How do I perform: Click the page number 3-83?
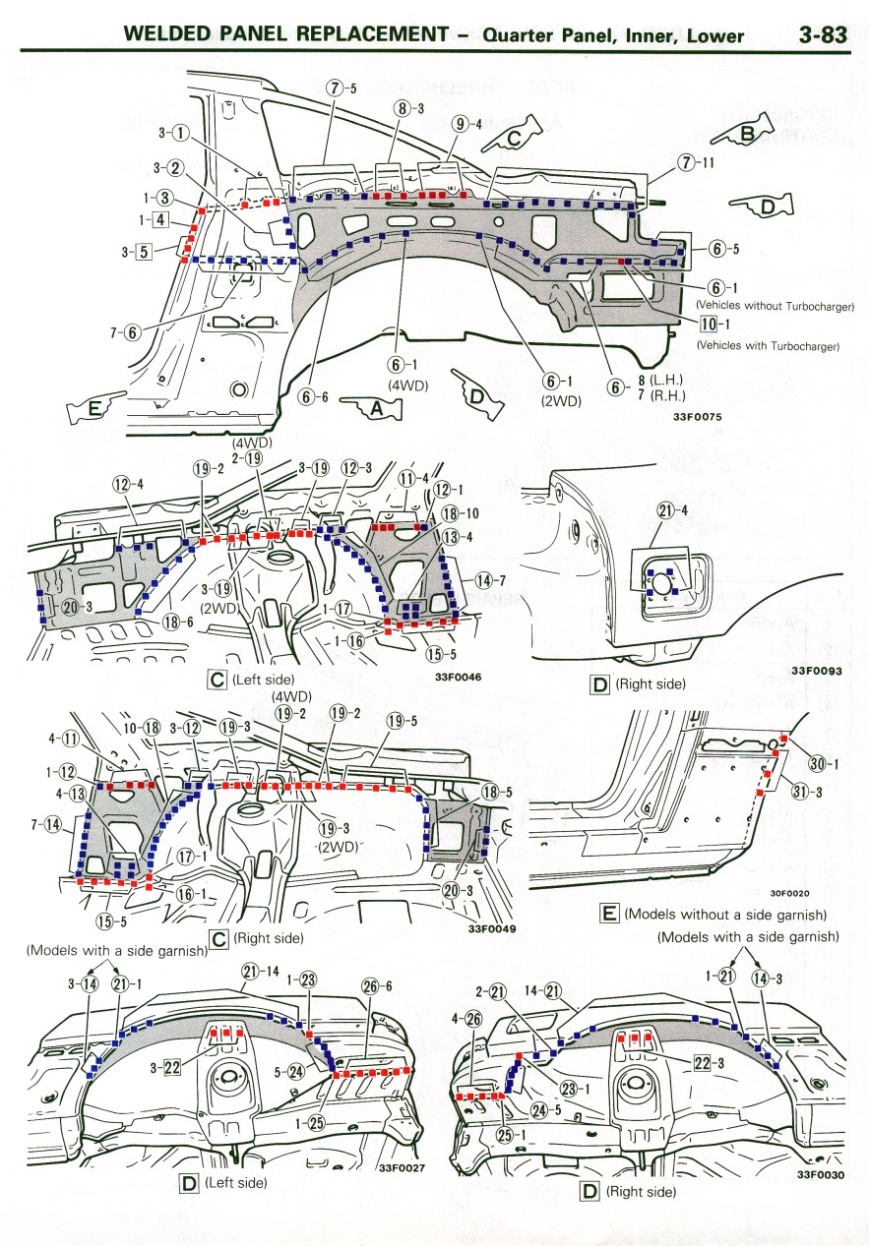point(822,35)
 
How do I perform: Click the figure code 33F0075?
point(699,417)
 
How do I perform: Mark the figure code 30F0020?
point(789,893)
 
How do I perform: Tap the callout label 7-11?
point(696,162)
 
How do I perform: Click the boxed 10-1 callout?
point(714,326)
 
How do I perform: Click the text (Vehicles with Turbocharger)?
point(767,345)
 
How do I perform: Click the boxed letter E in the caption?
point(609,915)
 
